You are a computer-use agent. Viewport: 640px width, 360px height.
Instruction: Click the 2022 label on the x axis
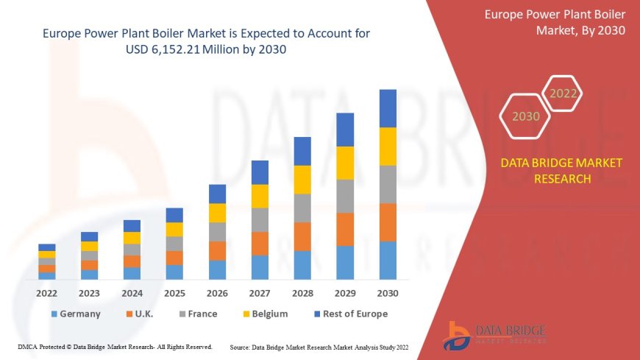47,293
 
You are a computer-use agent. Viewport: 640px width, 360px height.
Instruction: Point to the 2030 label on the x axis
388,293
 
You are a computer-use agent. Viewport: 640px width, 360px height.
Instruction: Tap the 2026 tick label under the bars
217,293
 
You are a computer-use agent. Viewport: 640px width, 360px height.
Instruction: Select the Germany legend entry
76,314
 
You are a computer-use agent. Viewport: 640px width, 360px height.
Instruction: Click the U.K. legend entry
142,314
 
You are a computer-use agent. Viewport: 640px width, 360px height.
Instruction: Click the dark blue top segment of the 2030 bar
388,108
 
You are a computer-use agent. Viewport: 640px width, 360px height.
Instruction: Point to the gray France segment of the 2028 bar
302,208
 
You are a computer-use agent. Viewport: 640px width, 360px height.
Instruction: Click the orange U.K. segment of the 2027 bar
260,244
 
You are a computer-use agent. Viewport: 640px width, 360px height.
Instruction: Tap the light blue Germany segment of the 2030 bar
388,260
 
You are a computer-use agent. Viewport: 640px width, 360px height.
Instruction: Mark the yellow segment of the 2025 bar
174,229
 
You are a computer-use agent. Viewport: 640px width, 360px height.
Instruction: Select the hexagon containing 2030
525,116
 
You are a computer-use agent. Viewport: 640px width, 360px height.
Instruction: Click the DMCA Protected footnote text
114,347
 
